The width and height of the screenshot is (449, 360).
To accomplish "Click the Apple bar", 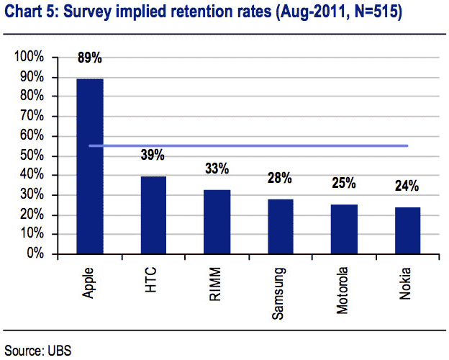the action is click(x=90, y=166).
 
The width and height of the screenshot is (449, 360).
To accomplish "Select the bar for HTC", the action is click(x=153, y=215).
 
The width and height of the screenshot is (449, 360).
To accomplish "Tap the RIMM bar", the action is click(x=217, y=222).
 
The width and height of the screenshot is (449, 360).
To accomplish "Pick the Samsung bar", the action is click(x=281, y=226).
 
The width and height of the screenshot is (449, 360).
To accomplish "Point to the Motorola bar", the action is click(x=344, y=229).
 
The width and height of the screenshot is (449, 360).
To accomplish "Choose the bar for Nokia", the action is click(x=408, y=230).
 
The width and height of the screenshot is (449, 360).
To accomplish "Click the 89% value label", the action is click(x=90, y=58).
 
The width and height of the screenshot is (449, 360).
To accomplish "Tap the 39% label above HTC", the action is click(x=153, y=155).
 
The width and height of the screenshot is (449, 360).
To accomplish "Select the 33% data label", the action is click(x=217, y=168).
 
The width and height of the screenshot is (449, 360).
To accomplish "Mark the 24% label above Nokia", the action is click(x=407, y=186).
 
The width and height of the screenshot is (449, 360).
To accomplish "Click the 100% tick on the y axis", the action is click(x=29, y=56).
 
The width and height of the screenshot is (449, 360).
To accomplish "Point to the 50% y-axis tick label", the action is click(x=32, y=156).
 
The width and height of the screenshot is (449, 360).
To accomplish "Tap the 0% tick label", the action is click(x=35, y=253).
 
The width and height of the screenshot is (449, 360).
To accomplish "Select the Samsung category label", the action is click(x=278, y=293).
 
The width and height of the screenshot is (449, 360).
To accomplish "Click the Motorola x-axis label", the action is click(x=342, y=290).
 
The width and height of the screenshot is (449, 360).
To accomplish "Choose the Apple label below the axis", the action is click(x=89, y=283).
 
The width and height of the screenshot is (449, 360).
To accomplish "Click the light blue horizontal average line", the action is click(x=248, y=146).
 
